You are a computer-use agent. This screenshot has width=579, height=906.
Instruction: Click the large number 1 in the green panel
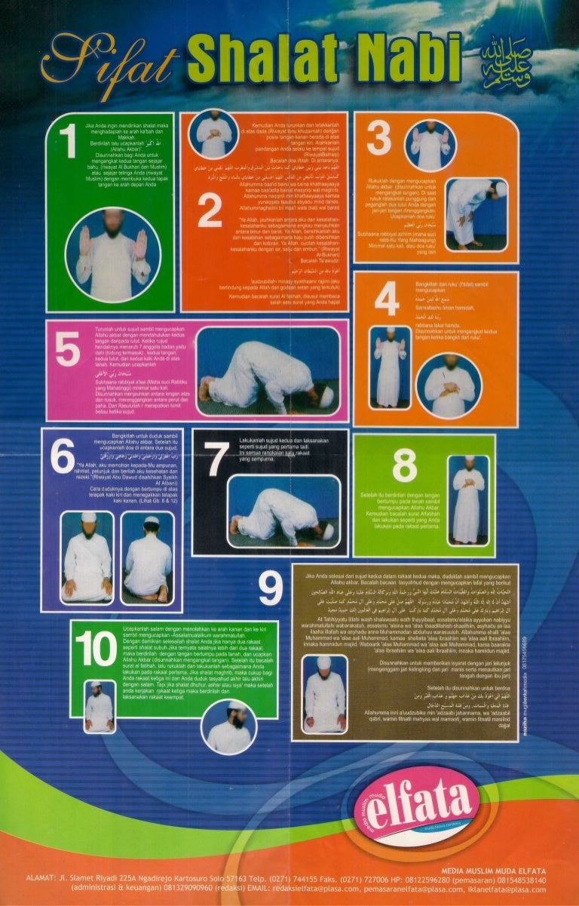click(x=69, y=142)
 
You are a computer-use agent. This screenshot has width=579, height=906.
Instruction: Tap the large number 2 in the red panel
click(x=210, y=214)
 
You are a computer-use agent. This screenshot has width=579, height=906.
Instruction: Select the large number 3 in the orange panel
click(x=378, y=140)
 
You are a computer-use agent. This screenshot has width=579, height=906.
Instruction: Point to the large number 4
click(x=387, y=300)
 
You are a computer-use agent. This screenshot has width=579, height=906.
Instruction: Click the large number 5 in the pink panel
click(x=67, y=349)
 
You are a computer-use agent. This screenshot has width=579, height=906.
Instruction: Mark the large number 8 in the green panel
click(x=404, y=466)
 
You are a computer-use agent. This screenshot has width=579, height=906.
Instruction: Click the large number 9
click(x=270, y=589)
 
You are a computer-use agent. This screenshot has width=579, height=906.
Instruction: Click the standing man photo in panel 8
click(x=470, y=499)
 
